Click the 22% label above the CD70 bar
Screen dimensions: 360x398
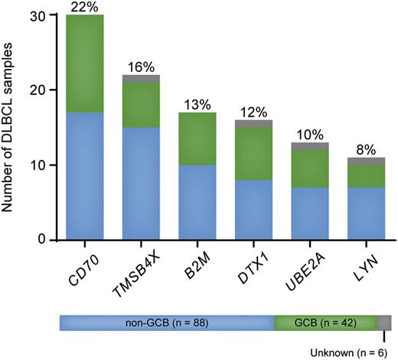tap(85, 7)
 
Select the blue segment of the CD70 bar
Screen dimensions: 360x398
tap(85, 175)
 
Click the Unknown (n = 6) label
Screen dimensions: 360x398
tap(354, 352)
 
